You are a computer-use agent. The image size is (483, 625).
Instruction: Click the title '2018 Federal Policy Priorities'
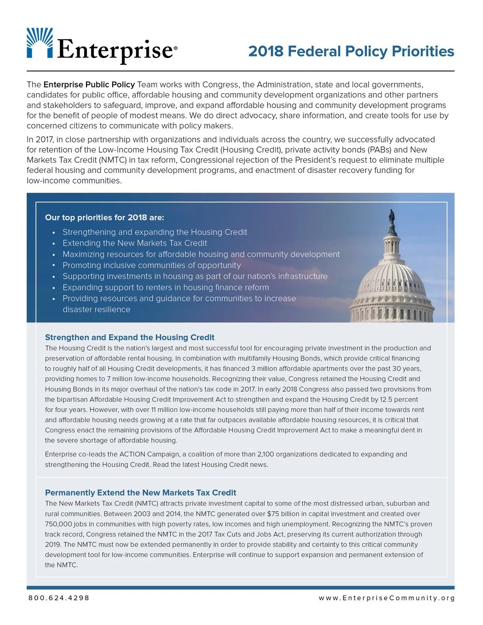351,51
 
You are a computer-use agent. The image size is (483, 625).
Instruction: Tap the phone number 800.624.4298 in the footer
59,598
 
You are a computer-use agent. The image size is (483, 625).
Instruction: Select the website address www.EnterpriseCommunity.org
386,598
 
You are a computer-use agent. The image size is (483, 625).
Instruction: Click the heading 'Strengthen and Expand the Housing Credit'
129,337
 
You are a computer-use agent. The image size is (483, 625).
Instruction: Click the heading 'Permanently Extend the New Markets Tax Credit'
140,493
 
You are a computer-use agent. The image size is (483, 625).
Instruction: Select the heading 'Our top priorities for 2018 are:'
104,217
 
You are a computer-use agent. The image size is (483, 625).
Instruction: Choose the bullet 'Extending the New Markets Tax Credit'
135,243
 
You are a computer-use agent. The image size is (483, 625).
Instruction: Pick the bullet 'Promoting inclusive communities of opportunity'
152,265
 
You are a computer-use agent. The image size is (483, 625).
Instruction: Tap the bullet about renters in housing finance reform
166,287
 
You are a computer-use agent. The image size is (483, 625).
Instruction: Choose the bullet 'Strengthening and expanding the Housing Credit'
155,232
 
